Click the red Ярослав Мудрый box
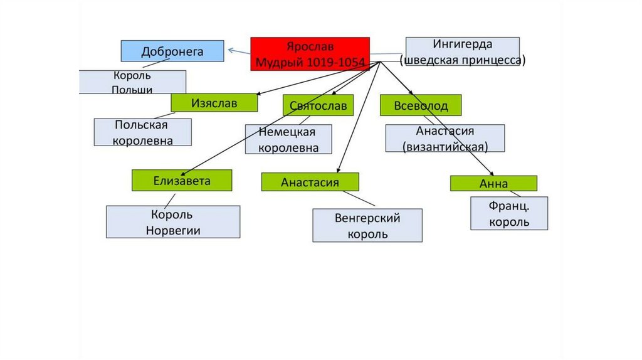tap(310, 54)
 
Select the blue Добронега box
tap(172, 51)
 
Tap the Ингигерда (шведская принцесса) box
tap(462, 52)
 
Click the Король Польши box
tap(132, 82)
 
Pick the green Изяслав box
tap(214, 103)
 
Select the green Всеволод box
tap(421, 105)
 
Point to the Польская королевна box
tap(142, 132)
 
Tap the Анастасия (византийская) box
tap(445, 138)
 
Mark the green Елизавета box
tap(182, 181)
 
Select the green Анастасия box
tap(310, 182)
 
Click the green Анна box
tap(493, 183)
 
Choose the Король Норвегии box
tap(172, 222)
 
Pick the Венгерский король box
tap(367, 226)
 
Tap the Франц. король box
tap(508, 213)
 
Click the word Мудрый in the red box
tap(280, 62)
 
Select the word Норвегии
tap(172, 230)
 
